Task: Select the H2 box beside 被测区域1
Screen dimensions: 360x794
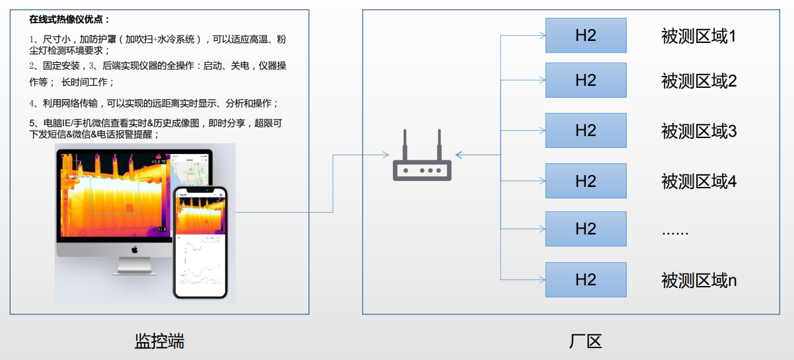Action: (585, 36)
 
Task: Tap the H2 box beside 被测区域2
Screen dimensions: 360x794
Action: (585, 81)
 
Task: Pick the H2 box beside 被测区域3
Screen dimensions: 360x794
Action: (585, 131)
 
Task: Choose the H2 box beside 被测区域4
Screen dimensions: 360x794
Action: (585, 181)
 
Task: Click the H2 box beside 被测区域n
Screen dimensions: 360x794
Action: (585, 279)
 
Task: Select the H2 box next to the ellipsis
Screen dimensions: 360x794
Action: (585, 229)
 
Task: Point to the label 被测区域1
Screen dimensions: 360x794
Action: (698, 36)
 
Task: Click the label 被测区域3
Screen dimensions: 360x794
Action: (698, 131)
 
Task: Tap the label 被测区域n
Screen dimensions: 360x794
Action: (698, 280)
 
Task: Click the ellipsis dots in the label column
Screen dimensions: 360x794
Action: (675, 232)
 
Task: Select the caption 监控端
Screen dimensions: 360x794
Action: (159, 341)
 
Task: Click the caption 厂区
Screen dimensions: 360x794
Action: (585, 342)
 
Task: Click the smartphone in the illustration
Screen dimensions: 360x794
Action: (199, 242)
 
